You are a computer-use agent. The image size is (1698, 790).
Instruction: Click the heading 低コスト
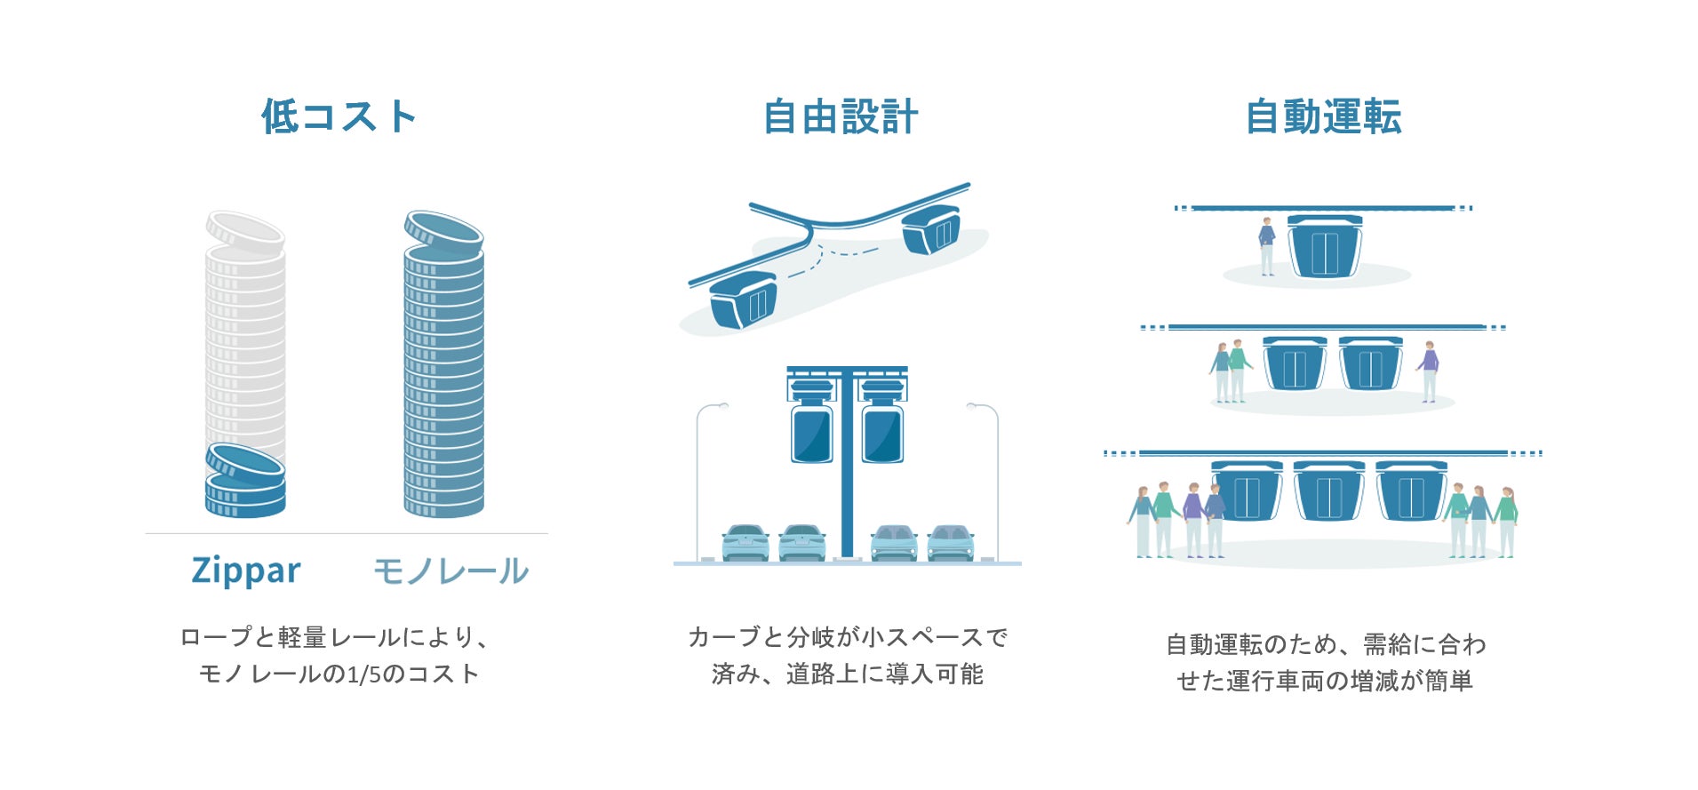339,117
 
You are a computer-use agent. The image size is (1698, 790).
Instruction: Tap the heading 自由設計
841,117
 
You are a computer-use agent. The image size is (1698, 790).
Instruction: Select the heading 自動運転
1323,117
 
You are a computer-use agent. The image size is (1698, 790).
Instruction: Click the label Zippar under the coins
246,571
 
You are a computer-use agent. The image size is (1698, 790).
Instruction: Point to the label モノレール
450,571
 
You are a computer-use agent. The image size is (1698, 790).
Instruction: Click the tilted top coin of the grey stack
245,231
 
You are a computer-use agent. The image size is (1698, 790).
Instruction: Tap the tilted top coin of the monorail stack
443,231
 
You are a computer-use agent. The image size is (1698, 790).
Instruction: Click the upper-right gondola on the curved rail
931,229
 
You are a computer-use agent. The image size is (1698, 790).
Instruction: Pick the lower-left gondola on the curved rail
744,299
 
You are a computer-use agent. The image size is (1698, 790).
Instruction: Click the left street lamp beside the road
702,480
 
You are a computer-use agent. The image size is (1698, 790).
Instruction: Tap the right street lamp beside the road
993,480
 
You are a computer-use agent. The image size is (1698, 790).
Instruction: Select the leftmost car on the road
745,542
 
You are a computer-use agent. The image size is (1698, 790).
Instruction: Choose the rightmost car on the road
951,542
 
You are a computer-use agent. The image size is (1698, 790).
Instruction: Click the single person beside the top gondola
1267,246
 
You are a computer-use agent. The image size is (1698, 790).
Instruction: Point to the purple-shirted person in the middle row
1429,371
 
